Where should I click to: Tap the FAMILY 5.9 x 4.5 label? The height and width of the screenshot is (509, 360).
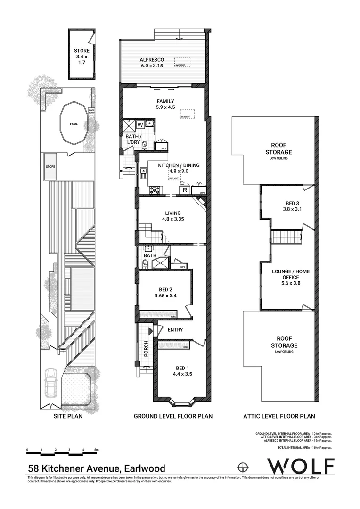point(165,104)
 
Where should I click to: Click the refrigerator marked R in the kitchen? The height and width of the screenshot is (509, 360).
point(185,190)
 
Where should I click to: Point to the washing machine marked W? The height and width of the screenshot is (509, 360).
point(140,125)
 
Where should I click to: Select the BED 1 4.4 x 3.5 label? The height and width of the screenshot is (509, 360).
point(180,371)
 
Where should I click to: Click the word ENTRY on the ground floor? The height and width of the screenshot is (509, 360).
point(175,330)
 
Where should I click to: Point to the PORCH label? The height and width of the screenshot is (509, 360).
point(146,348)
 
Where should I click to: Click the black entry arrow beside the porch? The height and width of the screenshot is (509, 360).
point(150,332)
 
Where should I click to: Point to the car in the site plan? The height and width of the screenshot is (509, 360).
point(51,382)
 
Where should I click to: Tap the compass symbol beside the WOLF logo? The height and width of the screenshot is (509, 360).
point(243,467)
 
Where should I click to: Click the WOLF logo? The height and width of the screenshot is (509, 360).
point(301,466)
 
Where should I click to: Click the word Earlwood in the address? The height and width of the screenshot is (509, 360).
point(144,468)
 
